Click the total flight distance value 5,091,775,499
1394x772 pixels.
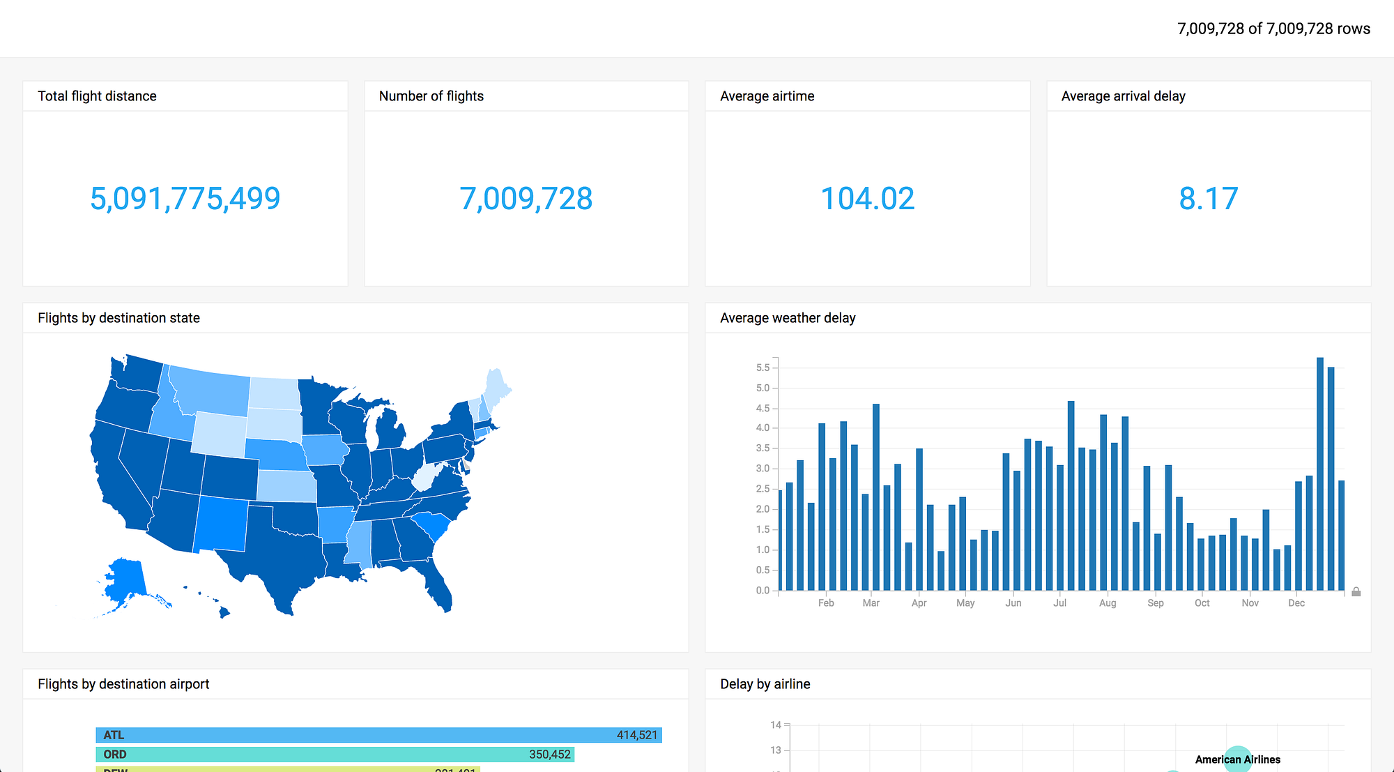point(185,199)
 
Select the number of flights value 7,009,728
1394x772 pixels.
point(526,199)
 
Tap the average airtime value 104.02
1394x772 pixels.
point(867,199)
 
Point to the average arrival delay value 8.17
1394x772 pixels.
point(1208,199)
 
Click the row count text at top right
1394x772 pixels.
point(1273,29)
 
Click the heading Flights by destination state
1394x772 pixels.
point(118,318)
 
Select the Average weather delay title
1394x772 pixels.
point(788,318)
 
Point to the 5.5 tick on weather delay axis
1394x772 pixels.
point(763,368)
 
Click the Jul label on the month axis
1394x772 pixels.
point(1059,603)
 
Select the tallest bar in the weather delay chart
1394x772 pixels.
point(1320,474)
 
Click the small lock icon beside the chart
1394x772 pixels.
point(1356,592)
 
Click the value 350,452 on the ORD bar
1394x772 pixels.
point(549,755)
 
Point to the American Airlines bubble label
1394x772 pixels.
point(1237,759)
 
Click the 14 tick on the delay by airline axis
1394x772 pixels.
point(775,725)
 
